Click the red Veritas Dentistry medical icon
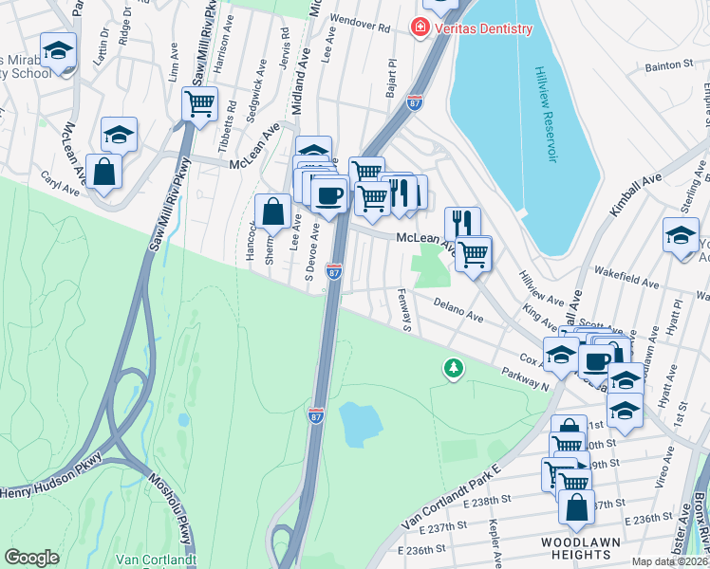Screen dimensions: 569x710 point(419,29)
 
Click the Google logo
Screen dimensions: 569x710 point(31,558)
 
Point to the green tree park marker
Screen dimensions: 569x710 point(454,367)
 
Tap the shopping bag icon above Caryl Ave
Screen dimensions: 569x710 point(105,174)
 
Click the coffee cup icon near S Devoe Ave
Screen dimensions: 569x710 point(328,195)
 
